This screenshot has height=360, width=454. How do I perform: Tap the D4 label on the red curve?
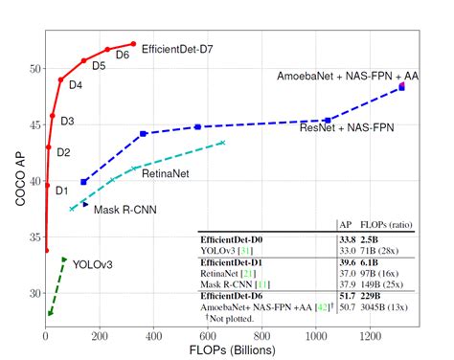click(x=75, y=85)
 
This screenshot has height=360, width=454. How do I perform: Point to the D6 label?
click(x=122, y=56)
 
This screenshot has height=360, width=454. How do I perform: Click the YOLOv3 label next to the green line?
click(x=93, y=263)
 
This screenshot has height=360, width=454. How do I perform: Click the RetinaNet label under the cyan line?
click(x=166, y=174)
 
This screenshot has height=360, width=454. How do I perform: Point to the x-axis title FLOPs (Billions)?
click(x=227, y=350)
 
